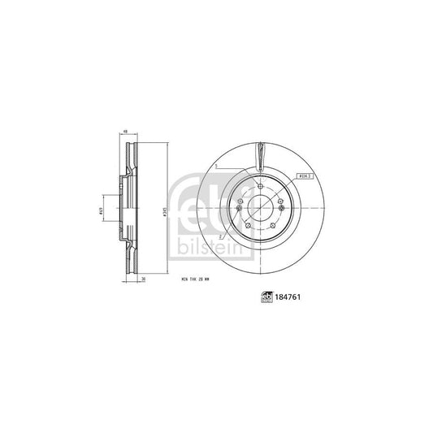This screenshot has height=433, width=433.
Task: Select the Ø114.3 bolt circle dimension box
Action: point(306,176)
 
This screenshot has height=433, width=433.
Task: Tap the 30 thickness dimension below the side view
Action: point(143,280)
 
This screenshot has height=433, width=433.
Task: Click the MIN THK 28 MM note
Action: point(194,280)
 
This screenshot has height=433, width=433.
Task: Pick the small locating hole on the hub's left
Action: point(238,208)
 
